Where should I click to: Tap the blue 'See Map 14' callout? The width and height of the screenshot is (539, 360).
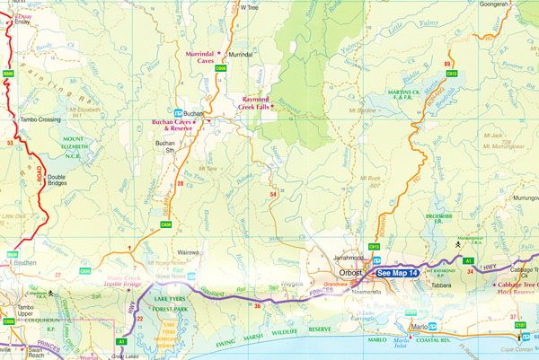tap(396, 272)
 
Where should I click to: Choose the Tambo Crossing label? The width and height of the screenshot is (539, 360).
tap(40, 119)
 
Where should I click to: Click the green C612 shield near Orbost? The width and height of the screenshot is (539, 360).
tap(375, 246)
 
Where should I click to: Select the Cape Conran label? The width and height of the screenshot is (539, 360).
tap(519, 350)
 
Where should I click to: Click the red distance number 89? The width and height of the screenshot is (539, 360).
tap(446, 64)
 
